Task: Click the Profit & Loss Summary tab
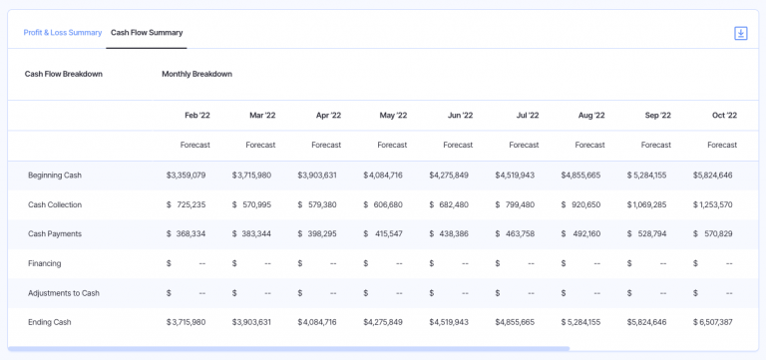[x=63, y=32]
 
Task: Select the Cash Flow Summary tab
[x=147, y=32]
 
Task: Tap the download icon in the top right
[x=740, y=33]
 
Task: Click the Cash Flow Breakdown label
[x=64, y=74]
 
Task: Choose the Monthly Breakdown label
[x=196, y=74]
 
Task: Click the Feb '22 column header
[x=196, y=115]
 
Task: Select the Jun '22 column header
[x=460, y=115]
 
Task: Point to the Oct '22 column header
[x=724, y=115]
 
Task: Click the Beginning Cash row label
[x=55, y=176]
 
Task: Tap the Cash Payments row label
[x=55, y=234]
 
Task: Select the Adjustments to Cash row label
[x=64, y=293]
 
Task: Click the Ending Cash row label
[x=50, y=322]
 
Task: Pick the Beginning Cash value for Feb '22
[x=187, y=176]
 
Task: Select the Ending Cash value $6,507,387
[x=713, y=322]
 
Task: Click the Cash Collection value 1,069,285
[x=647, y=204]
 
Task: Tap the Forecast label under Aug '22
[x=589, y=145]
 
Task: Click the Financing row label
[x=45, y=263]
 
